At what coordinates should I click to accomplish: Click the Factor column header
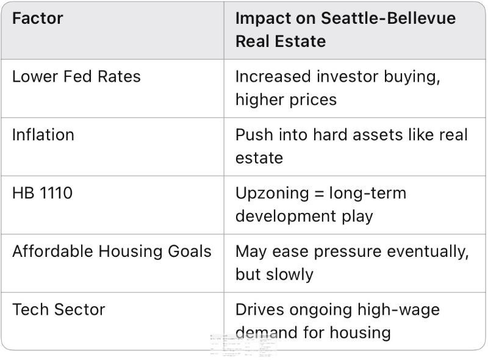pos(38,18)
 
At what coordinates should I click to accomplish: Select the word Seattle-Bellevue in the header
pos(388,18)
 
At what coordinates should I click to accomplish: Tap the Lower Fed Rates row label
pos(76,77)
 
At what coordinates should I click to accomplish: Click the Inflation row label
pos(43,135)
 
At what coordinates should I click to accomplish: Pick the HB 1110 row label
pos(42,193)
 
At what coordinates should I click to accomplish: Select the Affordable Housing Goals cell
pos(112,251)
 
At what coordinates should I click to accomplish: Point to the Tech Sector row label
pos(59,309)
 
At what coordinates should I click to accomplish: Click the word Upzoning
pos(272,193)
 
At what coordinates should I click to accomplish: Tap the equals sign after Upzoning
pos(319,193)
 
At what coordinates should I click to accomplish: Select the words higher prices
pos(286,100)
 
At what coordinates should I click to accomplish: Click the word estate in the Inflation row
pos(259,158)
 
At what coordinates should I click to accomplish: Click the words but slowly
pos(274,275)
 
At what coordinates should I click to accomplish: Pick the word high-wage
pos(398,310)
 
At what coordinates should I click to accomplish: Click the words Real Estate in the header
pos(281,41)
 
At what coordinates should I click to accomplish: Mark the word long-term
pos(368,193)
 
